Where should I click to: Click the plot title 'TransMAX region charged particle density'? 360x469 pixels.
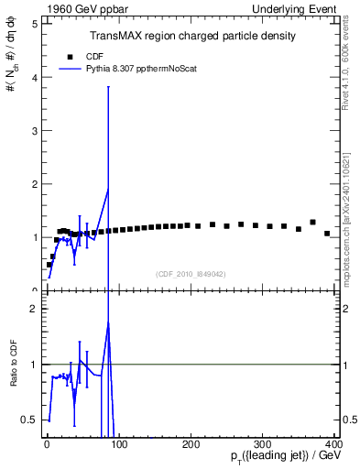tap(192, 36)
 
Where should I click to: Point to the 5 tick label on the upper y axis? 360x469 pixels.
tap(34, 24)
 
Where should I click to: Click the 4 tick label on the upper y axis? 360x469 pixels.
tap(34, 77)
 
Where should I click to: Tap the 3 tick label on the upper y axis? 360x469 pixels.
tap(34, 131)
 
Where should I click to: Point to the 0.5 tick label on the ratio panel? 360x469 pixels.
tap(30, 420)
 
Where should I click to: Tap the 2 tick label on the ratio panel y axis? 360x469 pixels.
tap(34, 309)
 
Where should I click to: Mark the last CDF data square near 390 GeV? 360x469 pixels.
tap(327, 234)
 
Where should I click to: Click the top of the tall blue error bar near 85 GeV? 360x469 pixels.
tap(109, 87)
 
